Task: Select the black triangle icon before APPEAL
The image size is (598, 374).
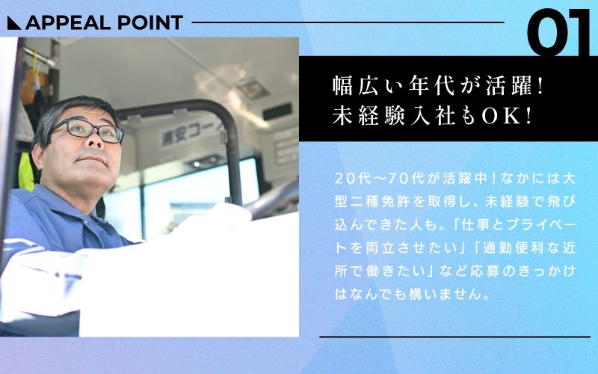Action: pyautogui.click(x=14, y=23)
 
